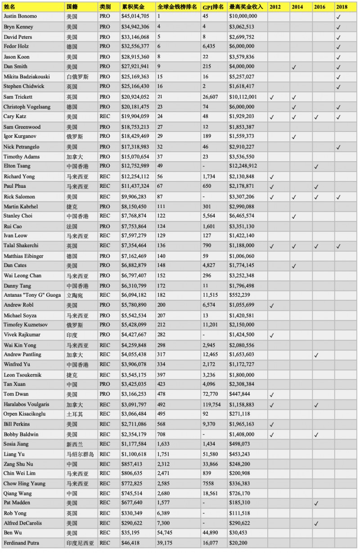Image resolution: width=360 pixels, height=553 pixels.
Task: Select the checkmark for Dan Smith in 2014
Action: click(x=294, y=67)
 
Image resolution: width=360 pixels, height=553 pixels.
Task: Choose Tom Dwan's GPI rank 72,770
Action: click(x=211, y=394)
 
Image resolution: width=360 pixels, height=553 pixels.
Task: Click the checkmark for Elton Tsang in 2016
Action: click(x=316, y=167)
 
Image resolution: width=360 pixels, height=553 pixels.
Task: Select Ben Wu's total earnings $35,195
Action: click(x=131, y=533)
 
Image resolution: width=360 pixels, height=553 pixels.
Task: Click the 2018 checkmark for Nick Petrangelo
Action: click(x=339, y=147)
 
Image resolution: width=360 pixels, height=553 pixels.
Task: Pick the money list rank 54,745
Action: click(x=166, y=533)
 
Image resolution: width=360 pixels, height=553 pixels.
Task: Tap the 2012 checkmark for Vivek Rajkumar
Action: click(x=272, y=335)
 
